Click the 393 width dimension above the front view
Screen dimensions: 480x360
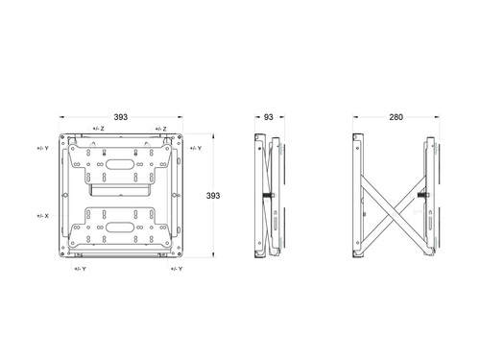tap(121, 117)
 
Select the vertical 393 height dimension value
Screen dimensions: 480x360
tap(213, 196)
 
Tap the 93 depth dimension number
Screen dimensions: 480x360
tap(269, 117)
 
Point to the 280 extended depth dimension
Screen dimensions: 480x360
tap(396, 117)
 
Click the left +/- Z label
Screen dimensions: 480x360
tap(99, 129)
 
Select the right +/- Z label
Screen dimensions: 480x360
tap(161, 129)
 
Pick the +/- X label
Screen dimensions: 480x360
tap(43, 216)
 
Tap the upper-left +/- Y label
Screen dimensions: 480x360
tap(43, 148)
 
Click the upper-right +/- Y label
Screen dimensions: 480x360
tap(196, 148)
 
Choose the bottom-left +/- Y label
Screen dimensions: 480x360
tap(81, 269)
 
